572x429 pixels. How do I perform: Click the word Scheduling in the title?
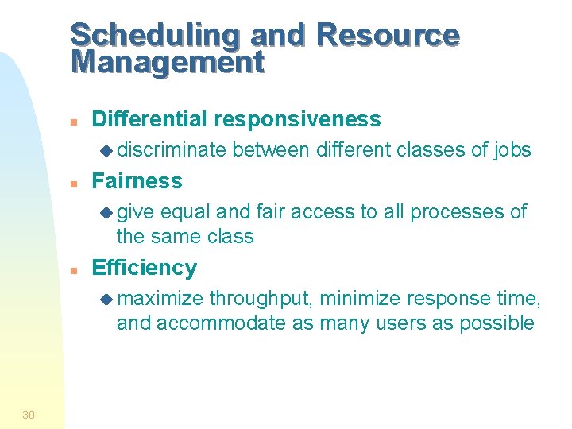tap(156, 36)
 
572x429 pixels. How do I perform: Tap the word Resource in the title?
tap(387, 36)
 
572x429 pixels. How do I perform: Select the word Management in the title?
tap(167, 62)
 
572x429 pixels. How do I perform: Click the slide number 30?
tap(29, 413)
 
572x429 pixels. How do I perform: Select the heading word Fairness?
tap(137, 181)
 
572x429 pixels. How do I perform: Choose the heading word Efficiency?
tap(145, 268)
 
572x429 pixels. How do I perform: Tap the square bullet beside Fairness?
tap(72, 183)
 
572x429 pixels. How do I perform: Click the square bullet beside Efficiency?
tap(72, 269)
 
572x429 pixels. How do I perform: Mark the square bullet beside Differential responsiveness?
tap(72, 121)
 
